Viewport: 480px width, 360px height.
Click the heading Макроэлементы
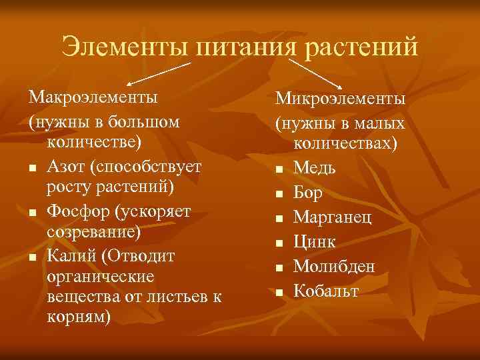point(93,97)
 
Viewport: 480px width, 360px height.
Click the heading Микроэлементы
point(341,99)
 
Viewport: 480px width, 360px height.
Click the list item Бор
point(308,193)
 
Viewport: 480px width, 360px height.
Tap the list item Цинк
point(314,241)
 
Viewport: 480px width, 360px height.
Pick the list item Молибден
point(334,266)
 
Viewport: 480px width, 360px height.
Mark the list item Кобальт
point(326,291)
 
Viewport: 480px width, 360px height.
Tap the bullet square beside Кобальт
point(280,292)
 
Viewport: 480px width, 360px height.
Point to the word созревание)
point(94,233)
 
